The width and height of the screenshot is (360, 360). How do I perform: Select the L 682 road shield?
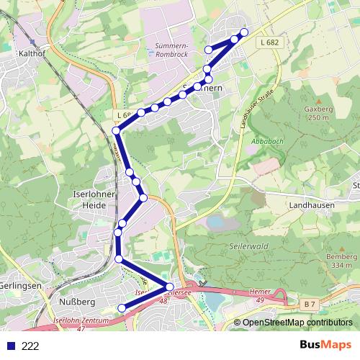pyautogui.click(x=269, y=43)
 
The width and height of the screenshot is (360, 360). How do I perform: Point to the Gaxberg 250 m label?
pyautogui.click(x=318, y=113)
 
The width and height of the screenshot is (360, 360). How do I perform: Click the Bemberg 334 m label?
pyautogui.click(x=341, y=261)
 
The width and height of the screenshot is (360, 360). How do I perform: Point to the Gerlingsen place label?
pyautogui.click(x=19, y=286)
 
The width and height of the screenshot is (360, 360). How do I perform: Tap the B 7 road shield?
pyautogui.click(x=310, y=305)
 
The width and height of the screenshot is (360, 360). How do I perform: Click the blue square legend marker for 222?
pyautogui.click(x=10, y=346)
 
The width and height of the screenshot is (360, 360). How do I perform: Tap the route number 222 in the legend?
pyautogui.click(x=31, y=346)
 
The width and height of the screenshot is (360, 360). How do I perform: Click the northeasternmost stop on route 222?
pyautogui.click(x=244, y=32)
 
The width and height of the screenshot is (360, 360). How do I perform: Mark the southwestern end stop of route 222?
pyautogui.click(x=121, y=308)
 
